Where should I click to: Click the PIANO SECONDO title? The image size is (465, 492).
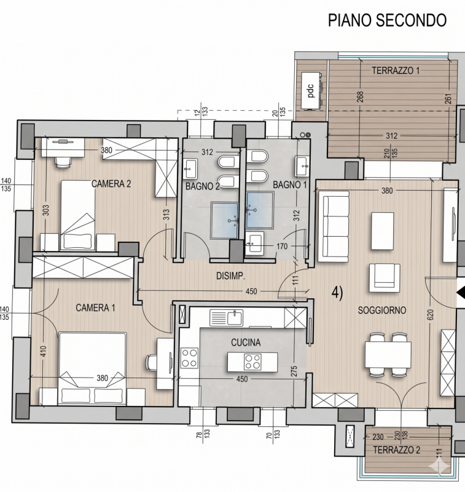pos(387,20)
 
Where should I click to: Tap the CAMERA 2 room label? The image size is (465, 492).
pos(111,183)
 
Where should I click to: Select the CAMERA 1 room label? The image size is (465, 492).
pos(95,307)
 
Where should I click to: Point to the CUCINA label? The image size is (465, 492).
pos(246,343)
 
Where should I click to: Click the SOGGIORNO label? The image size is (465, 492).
pos(382,311)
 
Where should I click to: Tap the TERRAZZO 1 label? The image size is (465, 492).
pos(396,71)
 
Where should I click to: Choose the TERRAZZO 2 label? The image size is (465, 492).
pos(396,450)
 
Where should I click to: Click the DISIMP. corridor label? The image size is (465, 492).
pos(230,276)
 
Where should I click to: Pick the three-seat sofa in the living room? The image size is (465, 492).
pos(334,226)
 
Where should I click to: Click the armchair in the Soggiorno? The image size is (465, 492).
pos(385,278)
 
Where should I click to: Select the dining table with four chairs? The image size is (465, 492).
pos(388,355)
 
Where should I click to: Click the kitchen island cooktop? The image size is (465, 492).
pos(252,362)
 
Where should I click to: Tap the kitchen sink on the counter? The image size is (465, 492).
pos(226,317)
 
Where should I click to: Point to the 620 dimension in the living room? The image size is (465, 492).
pos(430,315)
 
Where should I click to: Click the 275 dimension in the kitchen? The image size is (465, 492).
pos(294,371)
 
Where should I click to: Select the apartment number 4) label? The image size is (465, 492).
pos(337,293)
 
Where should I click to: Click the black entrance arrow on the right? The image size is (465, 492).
pos(461,293)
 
